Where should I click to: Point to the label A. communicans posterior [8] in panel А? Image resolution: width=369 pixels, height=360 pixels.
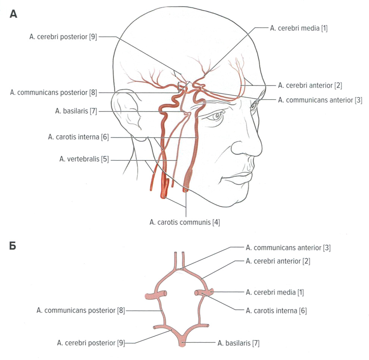click(x=54, y=92)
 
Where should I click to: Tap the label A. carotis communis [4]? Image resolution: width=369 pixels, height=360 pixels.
click(x=184, y=223)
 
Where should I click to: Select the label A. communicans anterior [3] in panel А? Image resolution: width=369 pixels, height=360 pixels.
click(x=320, y=100)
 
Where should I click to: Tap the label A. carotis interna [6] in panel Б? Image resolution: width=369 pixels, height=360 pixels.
click(x=276, y=310)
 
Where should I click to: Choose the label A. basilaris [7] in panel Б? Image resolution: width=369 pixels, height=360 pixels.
click(x=238, y=342)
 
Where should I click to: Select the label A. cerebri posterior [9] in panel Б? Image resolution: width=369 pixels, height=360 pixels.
click(x=91, y=342)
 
